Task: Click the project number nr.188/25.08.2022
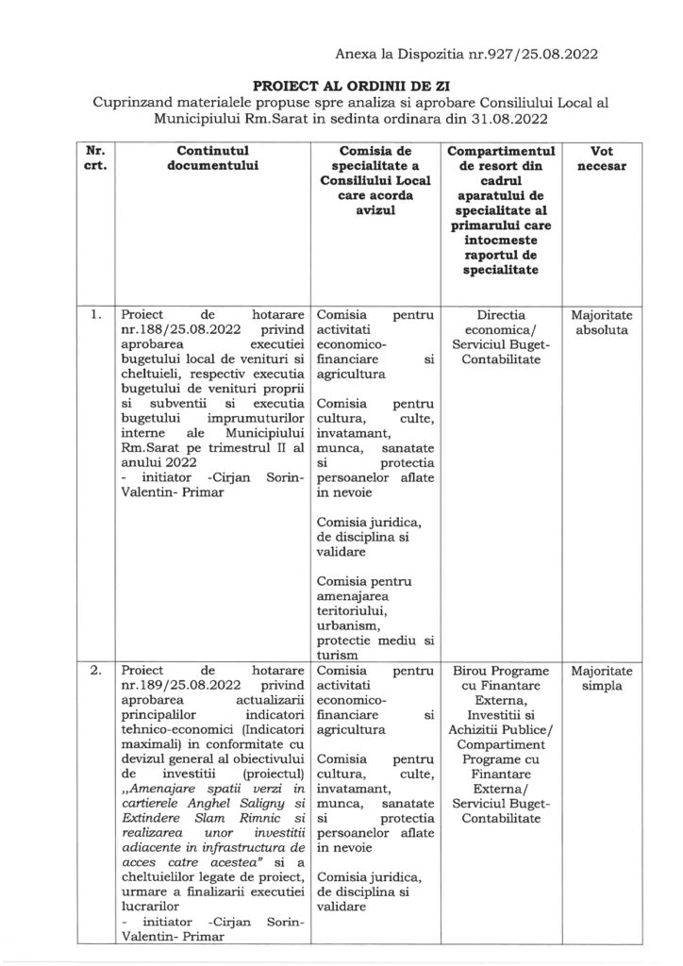179,332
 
